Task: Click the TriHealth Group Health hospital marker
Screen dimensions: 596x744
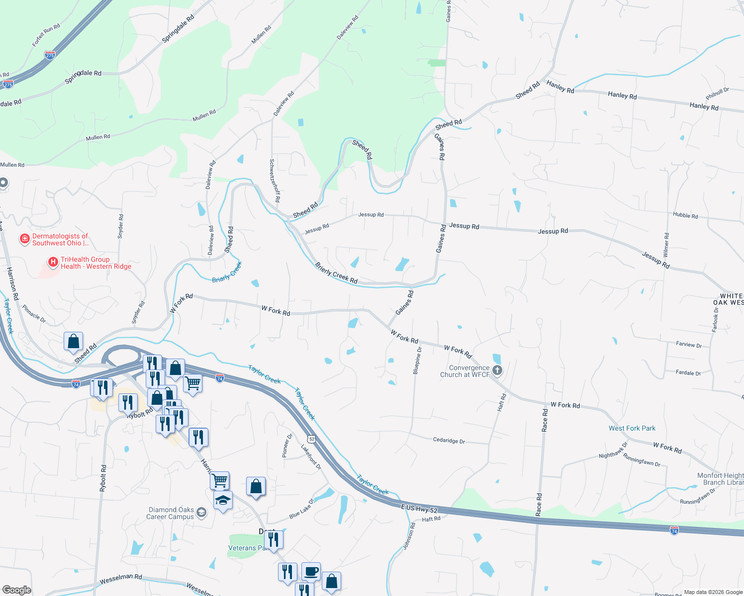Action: (53, 262)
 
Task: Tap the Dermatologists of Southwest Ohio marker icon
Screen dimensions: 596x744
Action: (24, 239)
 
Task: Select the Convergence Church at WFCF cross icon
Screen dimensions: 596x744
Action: (497, 371)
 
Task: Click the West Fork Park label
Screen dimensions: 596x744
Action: (632, 428)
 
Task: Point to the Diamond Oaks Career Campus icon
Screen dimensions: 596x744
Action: (201, 513)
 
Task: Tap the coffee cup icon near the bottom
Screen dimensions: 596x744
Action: (311, 572)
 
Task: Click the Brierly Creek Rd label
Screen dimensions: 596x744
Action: (336, 273)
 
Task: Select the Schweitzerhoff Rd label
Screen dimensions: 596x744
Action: (275, 180)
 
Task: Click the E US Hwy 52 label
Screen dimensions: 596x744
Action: (419, 508)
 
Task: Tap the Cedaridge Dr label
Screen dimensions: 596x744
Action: (449, 441)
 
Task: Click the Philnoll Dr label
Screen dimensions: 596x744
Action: (717, 93)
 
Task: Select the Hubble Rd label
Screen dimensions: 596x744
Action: (685, 215)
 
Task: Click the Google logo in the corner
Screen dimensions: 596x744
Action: (17, 590)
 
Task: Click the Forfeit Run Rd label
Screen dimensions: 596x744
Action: (46, 35)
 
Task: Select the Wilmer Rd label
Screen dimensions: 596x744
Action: (666, 245)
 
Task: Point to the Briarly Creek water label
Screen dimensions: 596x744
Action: (227, 272)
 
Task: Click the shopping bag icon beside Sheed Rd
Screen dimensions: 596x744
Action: (73, 342)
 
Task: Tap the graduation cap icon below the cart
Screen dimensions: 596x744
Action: (223, 500)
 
